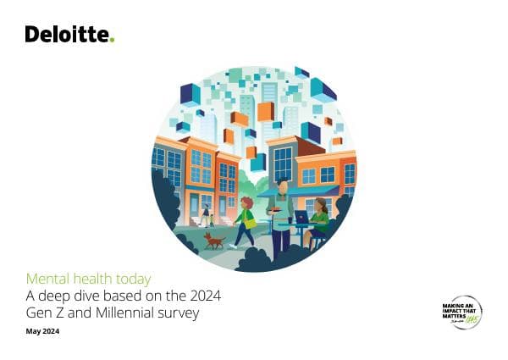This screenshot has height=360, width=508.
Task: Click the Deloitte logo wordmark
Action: coord(67,35)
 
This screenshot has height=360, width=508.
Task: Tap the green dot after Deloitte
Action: coord(112,40)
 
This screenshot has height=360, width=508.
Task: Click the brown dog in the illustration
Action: coord(214,241)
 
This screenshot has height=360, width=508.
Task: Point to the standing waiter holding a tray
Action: coord(280,216)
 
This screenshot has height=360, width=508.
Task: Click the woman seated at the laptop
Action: coord(319,223)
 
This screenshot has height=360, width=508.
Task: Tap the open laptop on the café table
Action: coord(301,218)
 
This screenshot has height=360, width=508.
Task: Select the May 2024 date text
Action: coord(42,331)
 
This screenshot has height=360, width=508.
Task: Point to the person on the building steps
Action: coord(206,215)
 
